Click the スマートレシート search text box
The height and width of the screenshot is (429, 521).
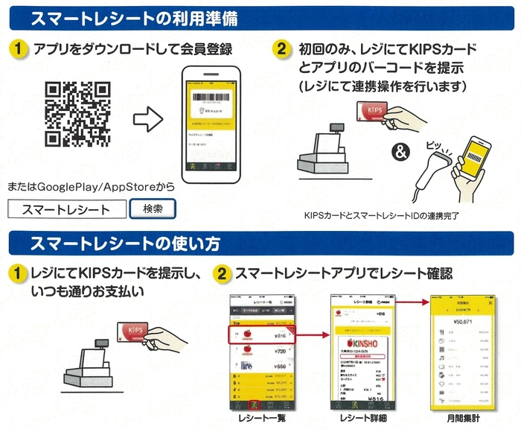67,209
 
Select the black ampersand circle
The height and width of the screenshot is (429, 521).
402,153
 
